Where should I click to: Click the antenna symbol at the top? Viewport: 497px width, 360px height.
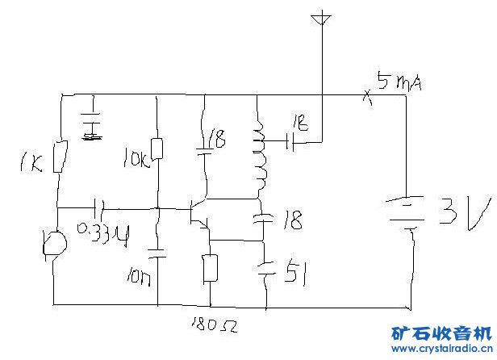click(x=321, y=18)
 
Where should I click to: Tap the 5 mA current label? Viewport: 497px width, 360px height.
click(x=400, y=82)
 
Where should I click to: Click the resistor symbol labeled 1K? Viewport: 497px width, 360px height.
click(x=58, y=157)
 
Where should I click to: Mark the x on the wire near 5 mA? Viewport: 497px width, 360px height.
click(x=365, y=96)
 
